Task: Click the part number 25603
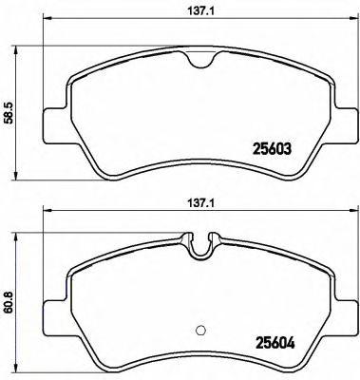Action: pos(272,148)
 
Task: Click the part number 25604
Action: pos(275,343)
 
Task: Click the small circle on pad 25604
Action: pos(200,330)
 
